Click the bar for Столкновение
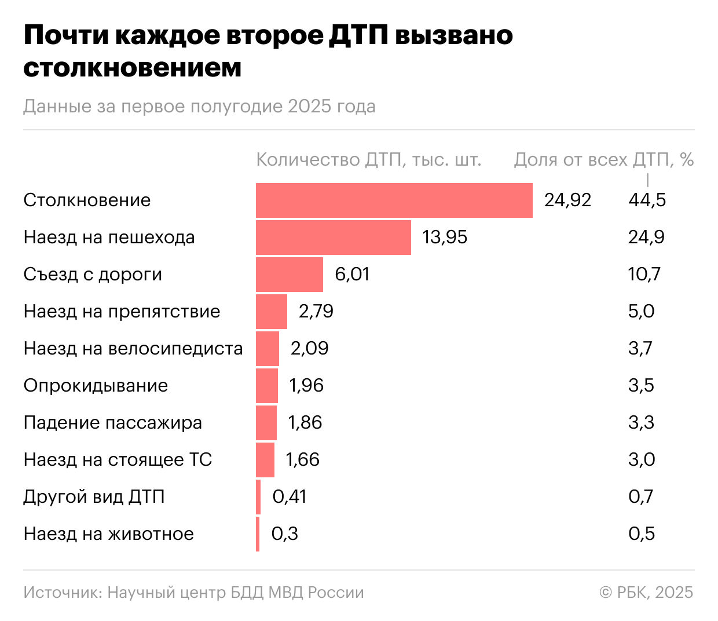coord(394,200)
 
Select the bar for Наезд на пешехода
coord(333,238)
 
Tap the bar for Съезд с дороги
coord(289,275)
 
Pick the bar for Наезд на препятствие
coord(271,312)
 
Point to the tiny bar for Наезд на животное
coord(258,534)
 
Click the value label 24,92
coord(567,200)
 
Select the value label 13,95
coord(445,238)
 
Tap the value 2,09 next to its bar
coord(309,349)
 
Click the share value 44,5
coord(647,200)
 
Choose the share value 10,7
coord(644,275)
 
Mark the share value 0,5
coord(642,534)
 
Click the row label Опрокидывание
coord(96,386)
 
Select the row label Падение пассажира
coord(113,423)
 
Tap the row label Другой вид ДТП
coord(94,497)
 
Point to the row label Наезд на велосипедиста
coord(133,349)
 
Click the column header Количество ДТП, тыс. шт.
coord(369,160)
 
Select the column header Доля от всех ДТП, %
coord(603,160)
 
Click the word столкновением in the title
coord(132,68)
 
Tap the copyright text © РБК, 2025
coord(646,593)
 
